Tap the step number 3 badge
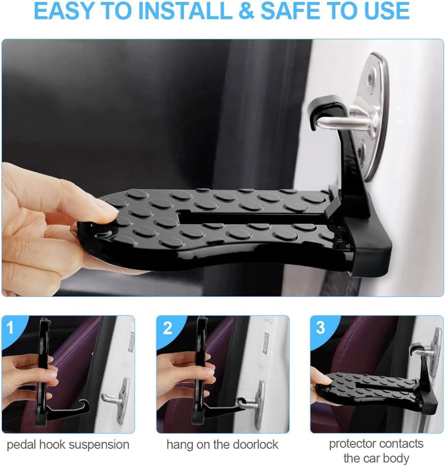click(x=320, y=328)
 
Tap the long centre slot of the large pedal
click(x=251, y=216)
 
